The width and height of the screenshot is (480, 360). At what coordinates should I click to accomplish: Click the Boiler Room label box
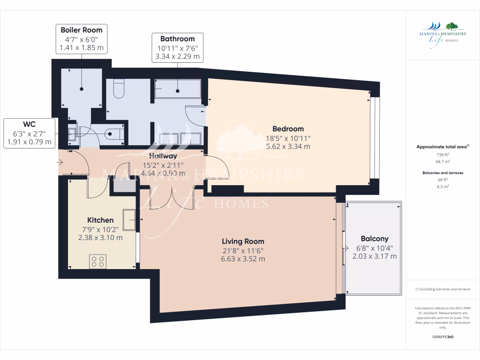pyautogui.click(x=82, y=39)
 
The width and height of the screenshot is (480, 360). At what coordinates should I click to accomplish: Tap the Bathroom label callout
pyautogui.click(x=177, y=47)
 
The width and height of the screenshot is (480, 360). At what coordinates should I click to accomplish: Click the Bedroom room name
pyautogui.click(x=288, y=129)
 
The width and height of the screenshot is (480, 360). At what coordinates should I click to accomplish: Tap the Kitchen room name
pyautogui.click(x=100, y=220)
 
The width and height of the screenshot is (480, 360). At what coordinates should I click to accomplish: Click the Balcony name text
pyautogui.click(x=375, y=239)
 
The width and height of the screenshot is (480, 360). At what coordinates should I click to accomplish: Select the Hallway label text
pyautogui.click(x=163, y=156)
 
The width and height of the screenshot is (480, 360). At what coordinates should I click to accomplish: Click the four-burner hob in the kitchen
pyautogui.click(x=98, y=261)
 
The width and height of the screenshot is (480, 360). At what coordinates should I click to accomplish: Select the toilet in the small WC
pyautogui.click(x=113, y=134)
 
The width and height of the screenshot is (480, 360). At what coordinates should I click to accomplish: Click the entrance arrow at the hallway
pyautogui.click(x=60, y=163)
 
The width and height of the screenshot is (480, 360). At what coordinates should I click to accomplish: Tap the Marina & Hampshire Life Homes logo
pyautogui.click(x=438, y=33)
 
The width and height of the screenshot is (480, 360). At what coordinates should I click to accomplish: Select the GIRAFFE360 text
pyautogui.click(x=442, y=337)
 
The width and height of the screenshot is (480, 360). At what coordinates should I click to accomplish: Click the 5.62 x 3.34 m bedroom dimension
pyautogui.click(x=288, y=146)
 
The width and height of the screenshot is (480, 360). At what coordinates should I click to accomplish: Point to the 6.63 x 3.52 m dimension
pyautogui.click(x=243, y=259)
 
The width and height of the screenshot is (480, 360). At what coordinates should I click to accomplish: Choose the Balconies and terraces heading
pyautogui.click(x=442, y=172)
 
